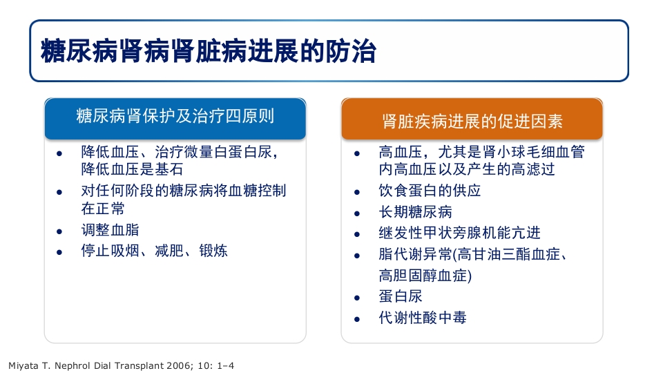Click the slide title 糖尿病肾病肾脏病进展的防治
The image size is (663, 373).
(x=209, y=51)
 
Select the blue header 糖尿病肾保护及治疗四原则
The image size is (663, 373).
(x=175, y=115)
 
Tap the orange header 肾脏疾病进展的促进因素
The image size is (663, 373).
(x=472, y=121)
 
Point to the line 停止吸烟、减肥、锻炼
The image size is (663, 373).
(x=154, y=251)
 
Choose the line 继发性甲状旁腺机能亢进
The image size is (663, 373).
(x=459, y=233)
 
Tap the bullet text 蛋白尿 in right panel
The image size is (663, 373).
(x=401, y=296)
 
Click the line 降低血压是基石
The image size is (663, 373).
(x=131, y=169)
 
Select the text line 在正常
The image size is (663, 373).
(x=103, y=209)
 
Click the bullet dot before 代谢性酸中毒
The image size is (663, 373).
(x=356, y=319)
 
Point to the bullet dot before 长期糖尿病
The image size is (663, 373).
(x=356, y=213)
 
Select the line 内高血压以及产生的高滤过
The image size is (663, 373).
(x=467, y=169)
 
